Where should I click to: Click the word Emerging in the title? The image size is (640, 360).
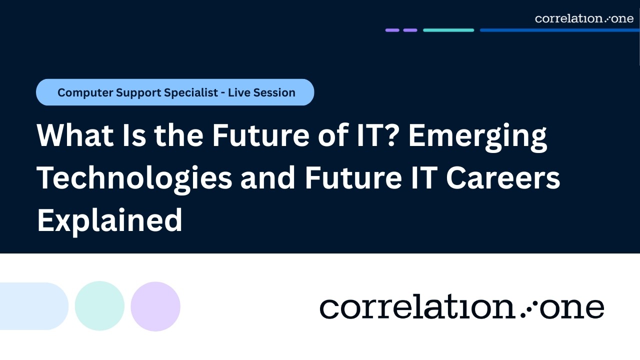point(477,136)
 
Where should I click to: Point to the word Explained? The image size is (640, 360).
point(109,220)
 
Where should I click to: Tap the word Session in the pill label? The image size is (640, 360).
point(274,92)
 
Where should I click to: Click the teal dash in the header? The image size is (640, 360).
point(448,30)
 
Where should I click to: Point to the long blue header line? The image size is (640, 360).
point(559,30)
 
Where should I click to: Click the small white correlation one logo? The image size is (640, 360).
point(584,18)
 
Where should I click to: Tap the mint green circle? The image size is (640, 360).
point(99,306)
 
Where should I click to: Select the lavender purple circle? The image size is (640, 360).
point(155,306)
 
